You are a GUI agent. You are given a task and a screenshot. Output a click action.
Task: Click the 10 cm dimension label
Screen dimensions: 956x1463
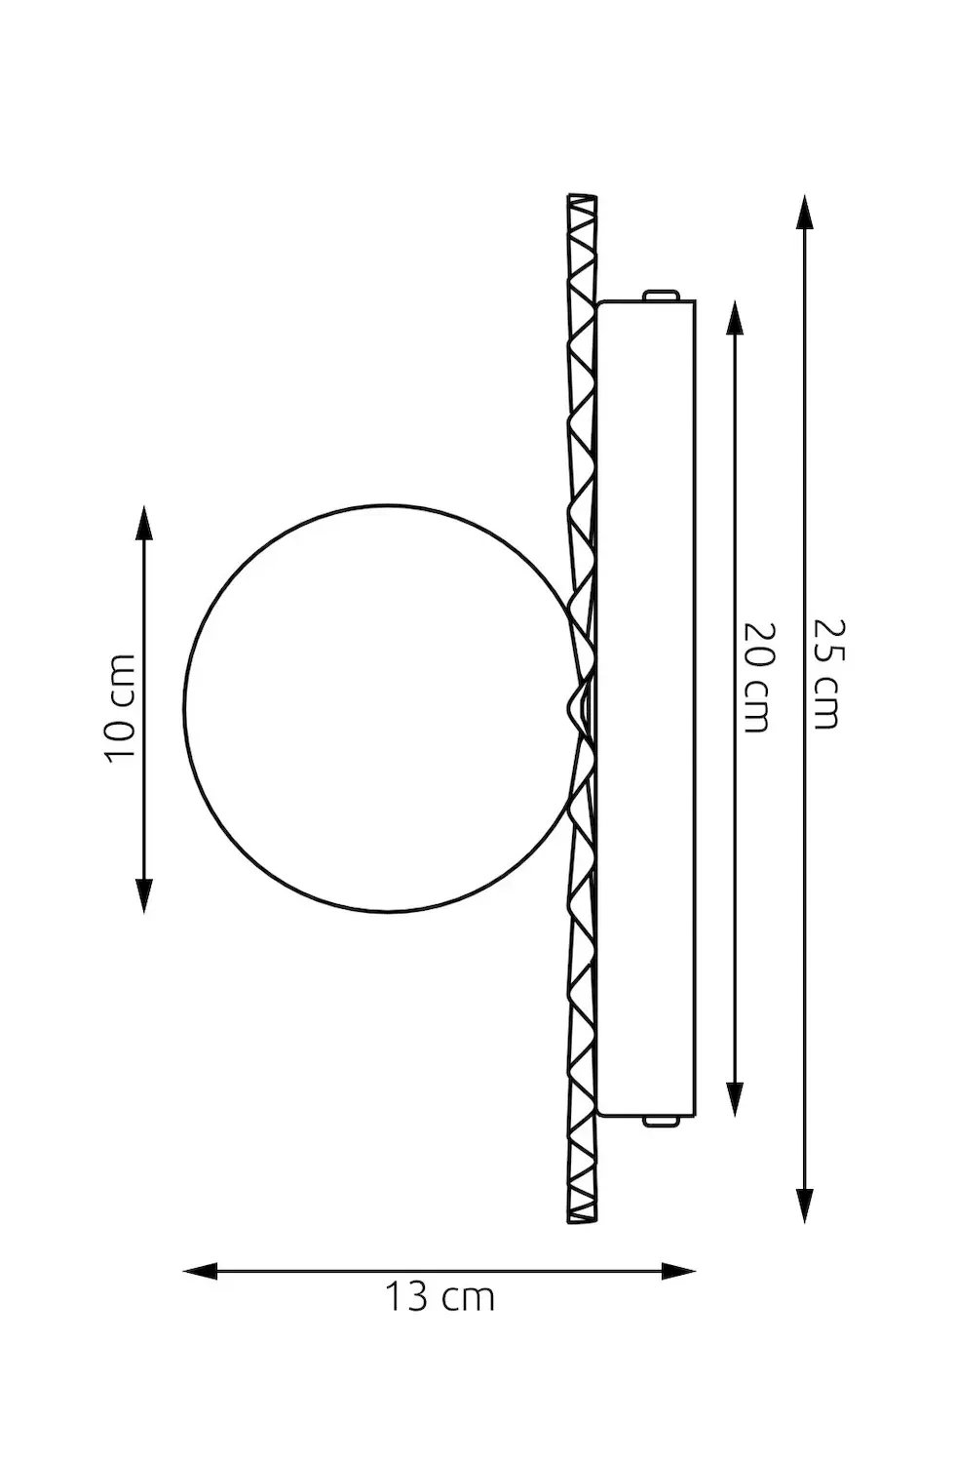(121, 707)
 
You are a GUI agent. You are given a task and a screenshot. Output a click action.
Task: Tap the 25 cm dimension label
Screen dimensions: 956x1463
(829, 674)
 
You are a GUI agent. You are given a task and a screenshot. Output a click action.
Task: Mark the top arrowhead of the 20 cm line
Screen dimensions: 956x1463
(736, 318)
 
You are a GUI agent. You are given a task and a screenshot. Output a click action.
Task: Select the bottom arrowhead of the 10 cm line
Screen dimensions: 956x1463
(144, 895)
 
